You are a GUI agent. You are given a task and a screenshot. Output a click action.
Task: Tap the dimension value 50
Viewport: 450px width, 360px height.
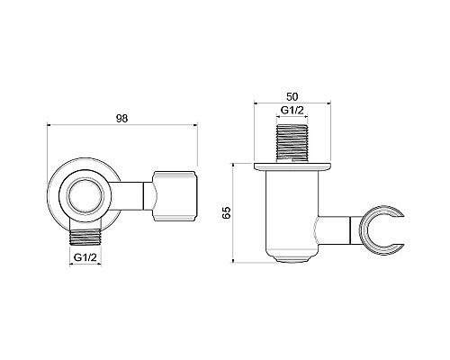pos(291,93)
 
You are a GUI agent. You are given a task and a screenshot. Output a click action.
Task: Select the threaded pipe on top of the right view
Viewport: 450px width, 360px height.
pos(291,141)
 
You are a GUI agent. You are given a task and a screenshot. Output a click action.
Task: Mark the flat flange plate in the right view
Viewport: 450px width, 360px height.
pos(291,167)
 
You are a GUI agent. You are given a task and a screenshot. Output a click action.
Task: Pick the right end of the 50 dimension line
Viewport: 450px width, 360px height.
pos(329,102)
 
